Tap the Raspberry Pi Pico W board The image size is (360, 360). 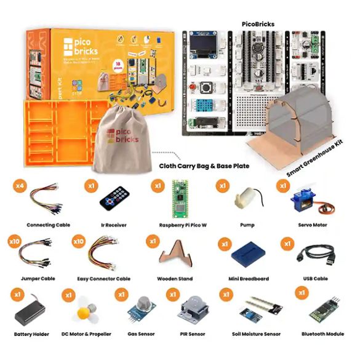(x=181, y=198)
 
